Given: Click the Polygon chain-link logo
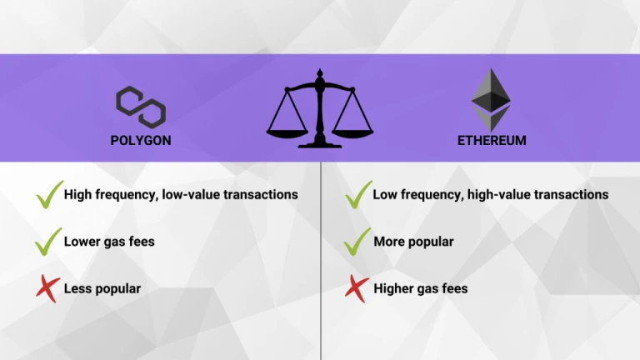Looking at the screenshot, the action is (141, 107).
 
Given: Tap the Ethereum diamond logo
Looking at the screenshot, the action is (491, 100).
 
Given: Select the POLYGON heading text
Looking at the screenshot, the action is (141, 140).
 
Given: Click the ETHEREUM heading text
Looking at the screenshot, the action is (492, 140).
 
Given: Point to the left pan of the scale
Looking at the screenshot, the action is (287, 133).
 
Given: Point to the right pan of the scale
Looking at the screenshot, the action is (352, 133).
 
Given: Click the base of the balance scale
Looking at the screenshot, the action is (320, 144).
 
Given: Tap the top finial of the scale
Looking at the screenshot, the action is (320, 73).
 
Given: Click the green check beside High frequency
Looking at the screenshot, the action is (50, 195).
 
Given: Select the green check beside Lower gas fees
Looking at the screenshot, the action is (48, 242).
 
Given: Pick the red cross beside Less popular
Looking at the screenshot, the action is (48, 288).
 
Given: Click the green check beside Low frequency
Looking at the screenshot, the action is (359, 195).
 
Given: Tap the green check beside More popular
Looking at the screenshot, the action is (357, 242).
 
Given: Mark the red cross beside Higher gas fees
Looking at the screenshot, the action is (357, 288).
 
